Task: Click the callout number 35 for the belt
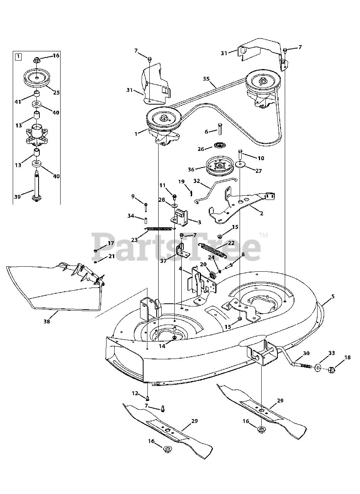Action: point(206,79)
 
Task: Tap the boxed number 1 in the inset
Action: point(18,57)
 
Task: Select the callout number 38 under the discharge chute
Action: point(47,322)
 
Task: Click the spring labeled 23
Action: point(160,229)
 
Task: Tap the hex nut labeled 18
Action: point(331,369)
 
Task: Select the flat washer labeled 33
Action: point(318,367)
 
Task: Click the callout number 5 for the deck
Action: point(333,297)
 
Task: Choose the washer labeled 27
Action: point(241,164)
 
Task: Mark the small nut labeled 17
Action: point(95,251)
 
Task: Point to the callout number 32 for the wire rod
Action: point(197,181)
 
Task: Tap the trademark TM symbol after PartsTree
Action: point(264,235)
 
